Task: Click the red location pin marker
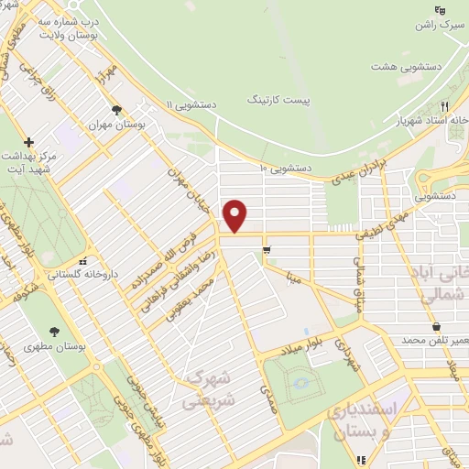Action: click(x=236, y=215)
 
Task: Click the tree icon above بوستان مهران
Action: click(x=116, y=110)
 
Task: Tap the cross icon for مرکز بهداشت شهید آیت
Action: click(x=29, y=142)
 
